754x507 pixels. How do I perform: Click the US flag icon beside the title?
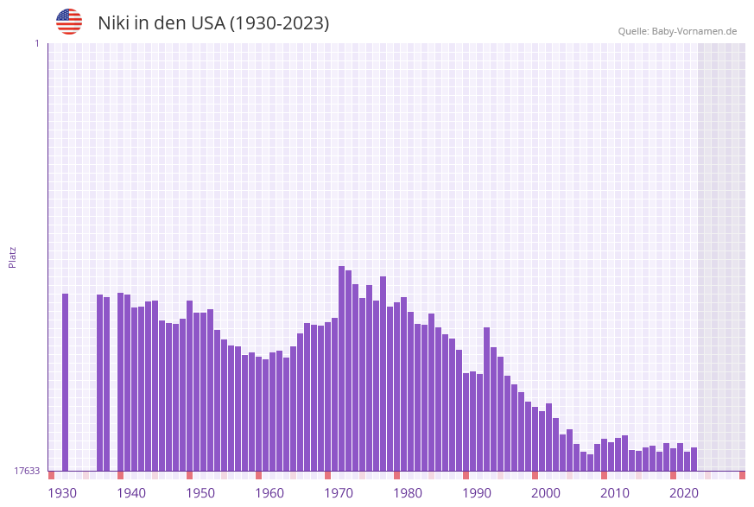(69, 22)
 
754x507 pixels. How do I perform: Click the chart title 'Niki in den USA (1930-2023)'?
(213, 23)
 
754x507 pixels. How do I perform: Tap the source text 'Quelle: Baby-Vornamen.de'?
(677, 31)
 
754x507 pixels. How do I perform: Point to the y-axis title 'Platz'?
(13, 257)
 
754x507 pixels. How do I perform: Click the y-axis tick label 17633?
(27, 471)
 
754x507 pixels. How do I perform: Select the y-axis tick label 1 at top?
(36, 43)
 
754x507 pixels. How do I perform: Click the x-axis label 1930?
(62, 493)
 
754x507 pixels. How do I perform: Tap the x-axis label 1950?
(200, 493)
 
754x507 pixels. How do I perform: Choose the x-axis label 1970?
(339, 493)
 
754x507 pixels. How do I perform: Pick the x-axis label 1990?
(477, 493)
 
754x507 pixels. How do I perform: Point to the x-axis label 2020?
(684, 493)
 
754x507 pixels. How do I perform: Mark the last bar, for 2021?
(694, 459)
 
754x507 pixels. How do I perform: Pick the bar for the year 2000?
(548, 437)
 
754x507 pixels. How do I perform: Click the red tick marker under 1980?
(396, 475)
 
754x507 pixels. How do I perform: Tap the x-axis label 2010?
(615, 493)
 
